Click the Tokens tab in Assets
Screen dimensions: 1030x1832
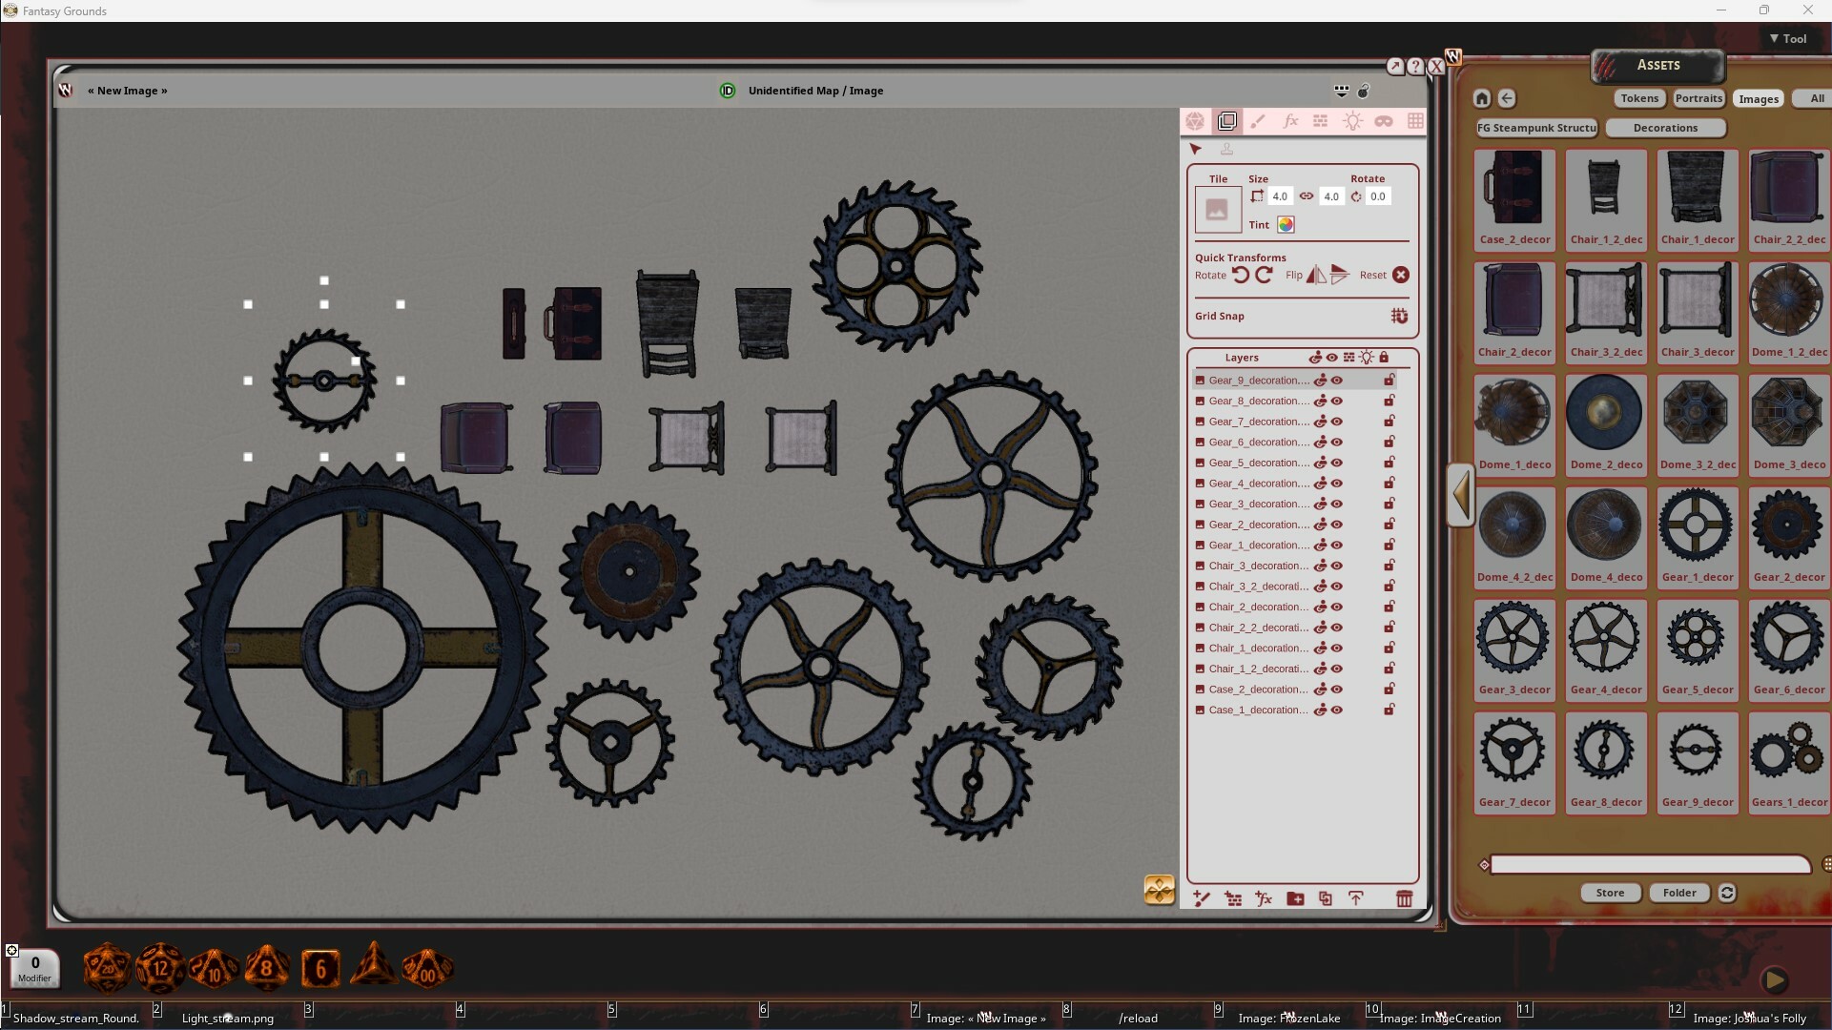1638,98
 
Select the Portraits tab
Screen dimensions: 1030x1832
1698,98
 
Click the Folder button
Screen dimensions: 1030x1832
1678,894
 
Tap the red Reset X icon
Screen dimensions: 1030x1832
1400,276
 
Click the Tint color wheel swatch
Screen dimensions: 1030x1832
1286,225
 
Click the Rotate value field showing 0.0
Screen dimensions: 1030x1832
1377,196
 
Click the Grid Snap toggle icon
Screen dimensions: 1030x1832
1399,317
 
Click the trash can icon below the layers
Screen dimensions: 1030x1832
1404,899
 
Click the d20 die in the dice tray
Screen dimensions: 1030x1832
107,969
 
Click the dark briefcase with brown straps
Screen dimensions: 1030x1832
575,324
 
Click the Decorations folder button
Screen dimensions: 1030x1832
1664,128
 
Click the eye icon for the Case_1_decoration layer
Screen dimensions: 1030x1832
1337,711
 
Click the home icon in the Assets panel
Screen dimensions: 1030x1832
1481,98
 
